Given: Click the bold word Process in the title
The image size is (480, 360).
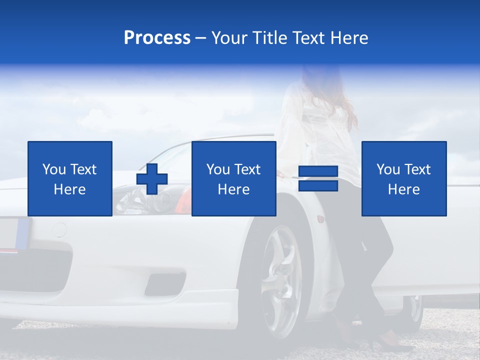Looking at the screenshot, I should coord(157,38).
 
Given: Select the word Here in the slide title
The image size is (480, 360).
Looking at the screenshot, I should coord(349,38).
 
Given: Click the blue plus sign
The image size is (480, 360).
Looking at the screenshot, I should coord(152,179).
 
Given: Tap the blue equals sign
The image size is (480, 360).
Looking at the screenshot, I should coord(318,178).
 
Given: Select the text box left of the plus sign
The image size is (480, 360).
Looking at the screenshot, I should coord(70,178).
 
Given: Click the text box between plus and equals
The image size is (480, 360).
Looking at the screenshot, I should coord(234,178).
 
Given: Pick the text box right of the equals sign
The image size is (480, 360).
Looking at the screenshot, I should coord(404,178).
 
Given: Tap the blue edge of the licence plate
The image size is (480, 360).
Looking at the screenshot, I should coord(23,233).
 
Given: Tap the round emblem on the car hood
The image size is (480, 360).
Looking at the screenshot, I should coord(59,229).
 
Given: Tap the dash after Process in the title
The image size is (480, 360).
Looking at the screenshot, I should coord(200,38).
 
